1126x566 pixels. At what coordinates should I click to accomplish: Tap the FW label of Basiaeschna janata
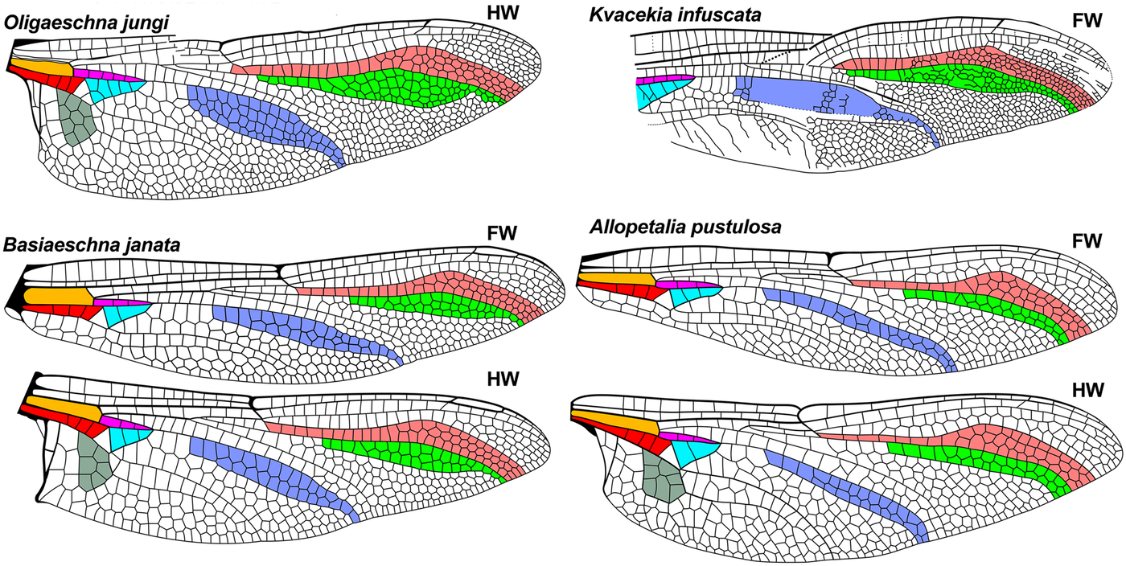point(501,234)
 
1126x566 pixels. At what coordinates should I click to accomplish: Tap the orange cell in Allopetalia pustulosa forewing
point(615,277)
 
